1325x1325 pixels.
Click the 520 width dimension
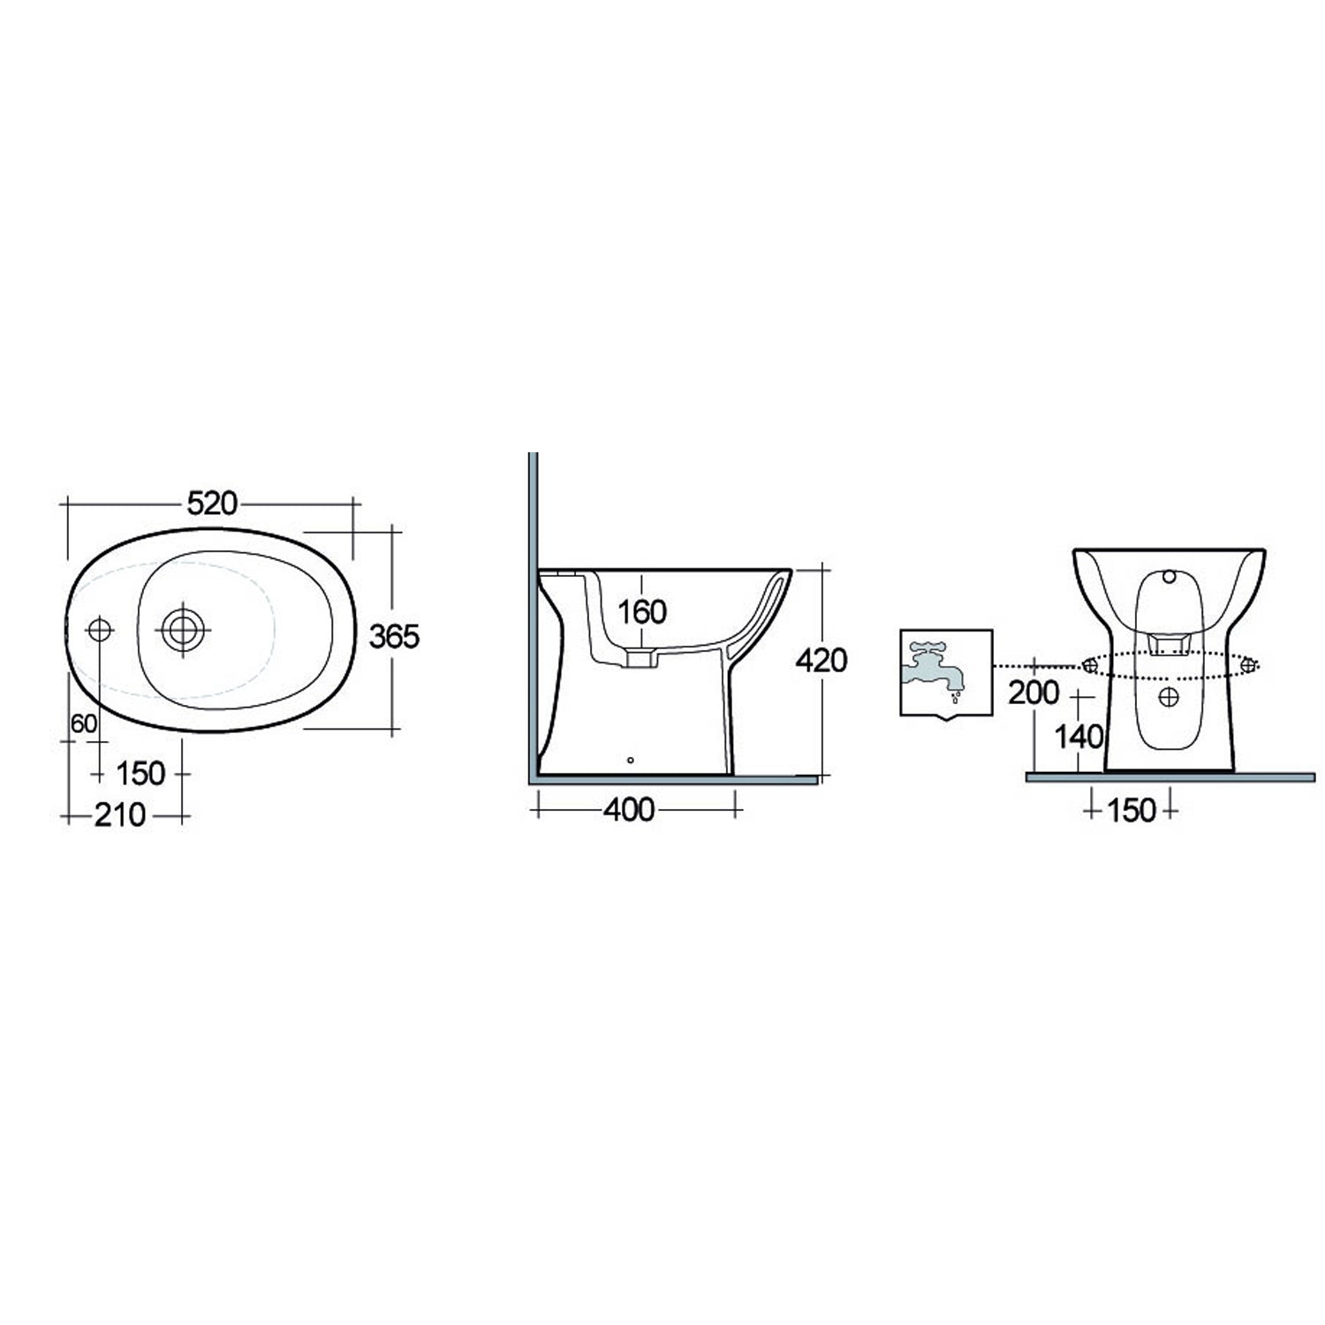pos(212,503)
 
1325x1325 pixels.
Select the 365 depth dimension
pos(394,635)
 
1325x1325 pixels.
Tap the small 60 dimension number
pos(83,723)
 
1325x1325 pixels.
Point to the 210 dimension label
pos(120,815)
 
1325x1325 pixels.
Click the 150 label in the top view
pos(140,773)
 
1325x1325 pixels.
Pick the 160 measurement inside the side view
pos(641,611)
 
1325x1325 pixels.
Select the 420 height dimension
pos(821,660)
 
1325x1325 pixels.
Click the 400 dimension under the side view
pos(629,809)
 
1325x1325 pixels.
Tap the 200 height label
pos(1033,693)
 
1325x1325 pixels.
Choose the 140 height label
pos(1079,736)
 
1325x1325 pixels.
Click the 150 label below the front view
pos(1131,809)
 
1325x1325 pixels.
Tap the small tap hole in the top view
pos(99,629)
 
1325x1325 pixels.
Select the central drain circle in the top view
pos(183,629)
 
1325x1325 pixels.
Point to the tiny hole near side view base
pos(630,759)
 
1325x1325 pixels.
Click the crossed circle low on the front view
pos(1169,697)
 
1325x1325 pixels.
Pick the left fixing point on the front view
pos(1090,666)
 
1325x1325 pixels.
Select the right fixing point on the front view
pos(1248,666)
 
